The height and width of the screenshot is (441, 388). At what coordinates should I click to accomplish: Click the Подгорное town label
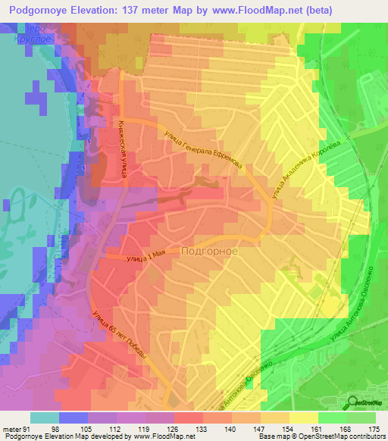click(210, 251)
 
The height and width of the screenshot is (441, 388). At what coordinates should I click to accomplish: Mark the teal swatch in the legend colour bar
click(44, 418)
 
